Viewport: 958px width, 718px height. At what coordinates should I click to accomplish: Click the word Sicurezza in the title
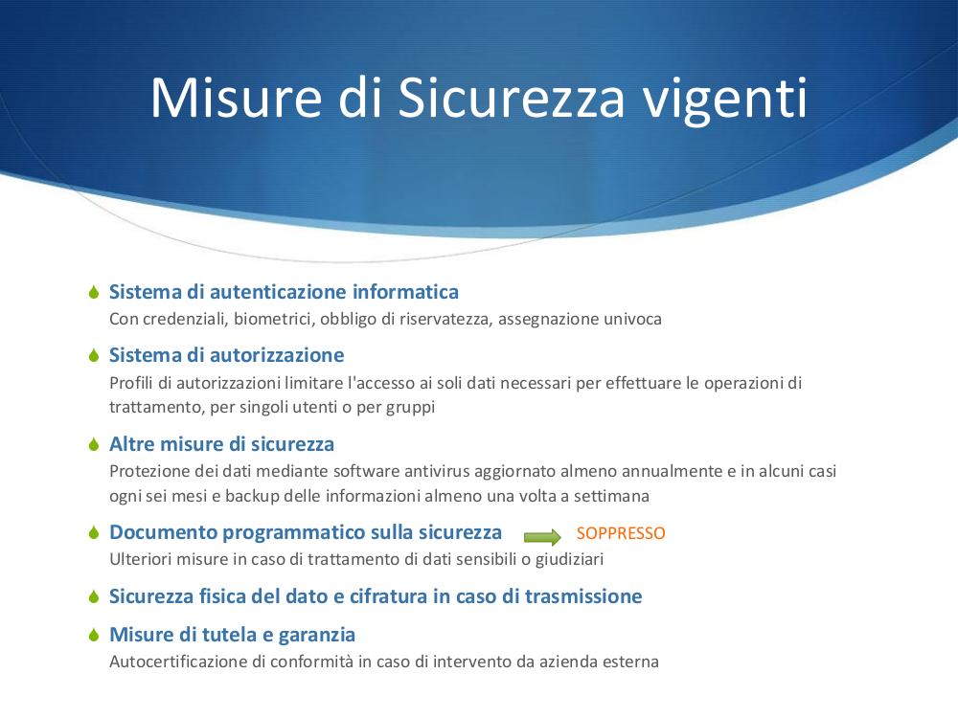pos(512,97)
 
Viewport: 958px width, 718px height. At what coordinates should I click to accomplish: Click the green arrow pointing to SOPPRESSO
pos(542,537)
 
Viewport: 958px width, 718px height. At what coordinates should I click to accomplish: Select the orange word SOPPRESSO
pos(621,533)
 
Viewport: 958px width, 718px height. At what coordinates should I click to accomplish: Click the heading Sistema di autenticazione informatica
pos(285,292)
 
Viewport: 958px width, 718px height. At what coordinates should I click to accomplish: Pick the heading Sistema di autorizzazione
pos(227,355)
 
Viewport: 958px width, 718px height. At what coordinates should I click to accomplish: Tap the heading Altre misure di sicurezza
pos(222,444)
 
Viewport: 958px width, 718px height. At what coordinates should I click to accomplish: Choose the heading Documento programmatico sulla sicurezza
pos(306,532)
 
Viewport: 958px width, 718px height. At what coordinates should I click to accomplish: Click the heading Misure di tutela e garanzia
pos(232,635)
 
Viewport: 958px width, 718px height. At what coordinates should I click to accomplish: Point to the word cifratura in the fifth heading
pos(389,596)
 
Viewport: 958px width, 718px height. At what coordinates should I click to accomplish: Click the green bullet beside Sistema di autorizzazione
pos(94,355)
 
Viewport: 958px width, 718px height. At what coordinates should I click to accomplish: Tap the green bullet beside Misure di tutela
pos(94,635)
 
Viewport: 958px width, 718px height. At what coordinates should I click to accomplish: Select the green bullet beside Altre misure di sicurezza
pos(94,444)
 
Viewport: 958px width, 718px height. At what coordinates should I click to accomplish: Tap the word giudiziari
pos(569,560)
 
